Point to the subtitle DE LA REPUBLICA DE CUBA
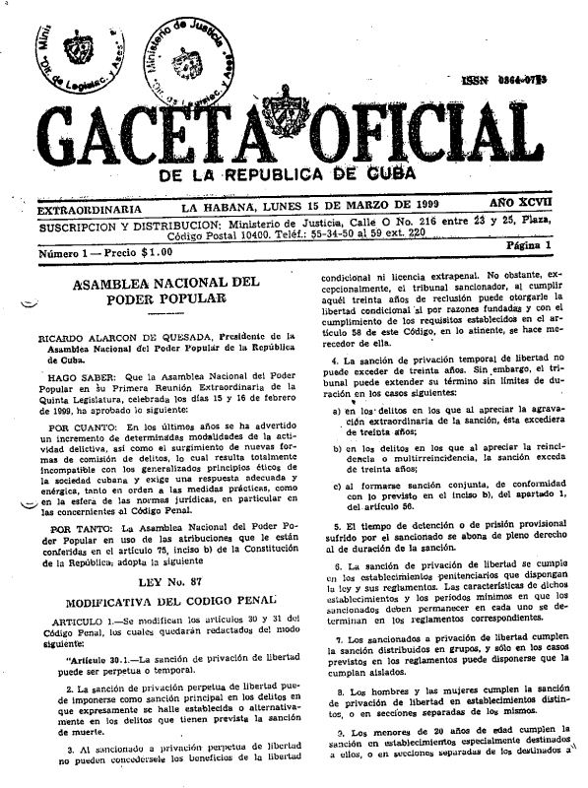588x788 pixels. click(296, 176)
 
